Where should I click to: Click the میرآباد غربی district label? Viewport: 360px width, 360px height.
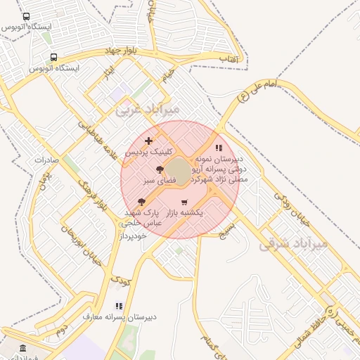tap(148, 109)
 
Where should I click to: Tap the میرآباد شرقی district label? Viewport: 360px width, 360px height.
tap(294, 244)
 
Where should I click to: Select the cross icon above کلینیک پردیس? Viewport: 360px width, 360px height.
tap(148, 141)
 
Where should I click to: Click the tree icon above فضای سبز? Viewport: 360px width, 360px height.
tap(160, 169)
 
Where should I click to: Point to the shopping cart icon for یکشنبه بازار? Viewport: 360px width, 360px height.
tap(184, 202)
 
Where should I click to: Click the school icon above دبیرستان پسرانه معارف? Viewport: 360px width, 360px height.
tap(119, 306)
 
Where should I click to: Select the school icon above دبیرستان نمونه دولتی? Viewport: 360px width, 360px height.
tap(219, 148)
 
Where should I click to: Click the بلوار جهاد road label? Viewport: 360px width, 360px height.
tap(124, 51)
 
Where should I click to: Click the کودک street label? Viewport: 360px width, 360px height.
tap(120, 280)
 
